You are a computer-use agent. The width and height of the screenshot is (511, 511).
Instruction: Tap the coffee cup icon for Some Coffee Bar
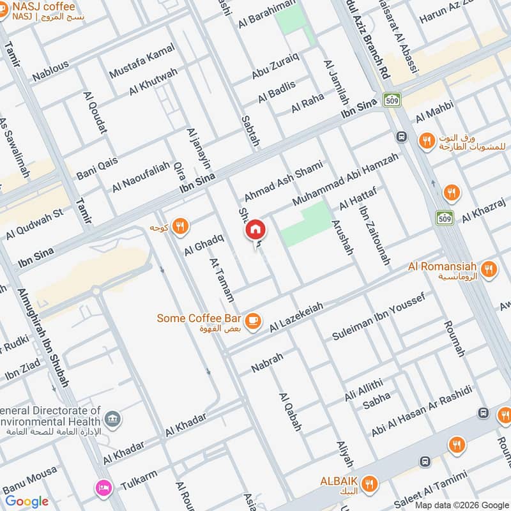[x=253, y=319]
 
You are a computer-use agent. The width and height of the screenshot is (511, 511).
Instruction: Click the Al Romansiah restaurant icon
[x=489, y=268]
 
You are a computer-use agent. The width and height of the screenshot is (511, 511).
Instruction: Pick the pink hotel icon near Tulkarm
[x=102, y=488]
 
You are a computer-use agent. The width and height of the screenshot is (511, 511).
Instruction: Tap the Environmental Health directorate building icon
[x=113, y=418]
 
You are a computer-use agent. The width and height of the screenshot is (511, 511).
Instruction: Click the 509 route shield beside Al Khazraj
[x=445, y=218]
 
